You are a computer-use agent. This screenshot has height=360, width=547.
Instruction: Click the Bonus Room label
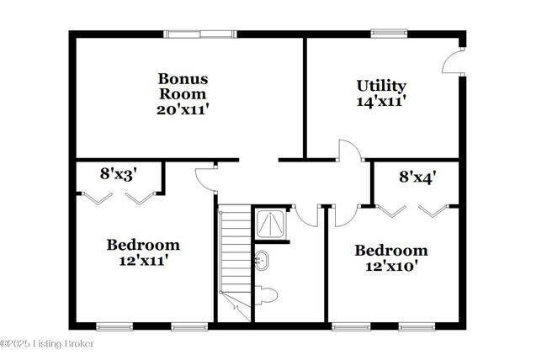click(x=183, y=86)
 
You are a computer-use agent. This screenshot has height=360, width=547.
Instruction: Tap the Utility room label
click(x=381, y=86)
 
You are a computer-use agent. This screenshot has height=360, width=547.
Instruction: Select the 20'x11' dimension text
click(x=183, y=109)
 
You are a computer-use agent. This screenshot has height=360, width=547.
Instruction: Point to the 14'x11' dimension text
click(x=381, y=101)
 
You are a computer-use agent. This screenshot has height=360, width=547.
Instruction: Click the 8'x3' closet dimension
click(x=119, y=174)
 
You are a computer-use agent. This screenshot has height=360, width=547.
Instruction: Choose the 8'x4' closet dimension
click(x=417, y=177)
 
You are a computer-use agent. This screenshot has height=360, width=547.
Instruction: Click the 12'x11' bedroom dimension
click(x=143, y=260)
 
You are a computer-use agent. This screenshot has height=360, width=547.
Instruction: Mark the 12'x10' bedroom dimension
click(x=390, y=266)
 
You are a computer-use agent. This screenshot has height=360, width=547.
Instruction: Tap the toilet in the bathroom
click(x=265, y=294)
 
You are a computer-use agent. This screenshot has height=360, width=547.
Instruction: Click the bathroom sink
click(x=261, y=260)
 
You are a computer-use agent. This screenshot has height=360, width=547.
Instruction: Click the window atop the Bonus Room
click(x=199, y=34)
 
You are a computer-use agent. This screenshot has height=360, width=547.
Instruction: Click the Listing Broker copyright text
click(x=47, y=343)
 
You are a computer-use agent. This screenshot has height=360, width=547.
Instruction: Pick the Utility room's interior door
click(x=348, y=151)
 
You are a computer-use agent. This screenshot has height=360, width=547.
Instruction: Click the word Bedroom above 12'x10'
click(x=390, y=251)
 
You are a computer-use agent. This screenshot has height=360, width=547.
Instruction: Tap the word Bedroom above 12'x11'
click(x=143, y=245)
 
